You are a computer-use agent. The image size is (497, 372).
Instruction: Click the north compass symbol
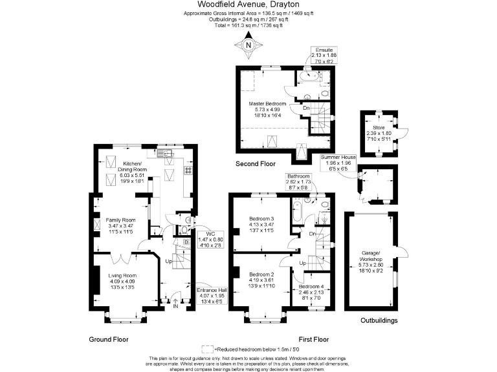(248, 46)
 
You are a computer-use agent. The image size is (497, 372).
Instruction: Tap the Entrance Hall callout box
(212, 296)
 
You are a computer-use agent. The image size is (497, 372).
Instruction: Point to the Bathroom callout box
(299, 181)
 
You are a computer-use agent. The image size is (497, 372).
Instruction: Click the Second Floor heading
(256, 164)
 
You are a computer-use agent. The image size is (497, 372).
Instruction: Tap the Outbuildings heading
(379, 320)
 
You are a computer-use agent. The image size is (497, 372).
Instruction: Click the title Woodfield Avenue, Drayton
(248, 5)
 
